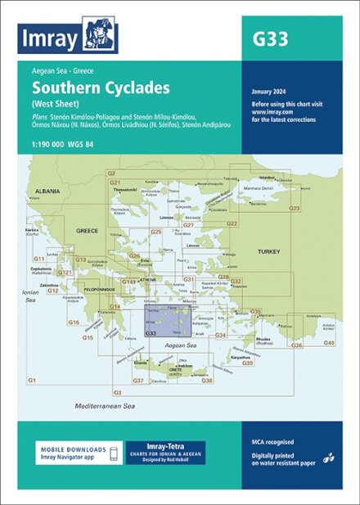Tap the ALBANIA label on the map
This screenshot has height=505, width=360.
(47, 191)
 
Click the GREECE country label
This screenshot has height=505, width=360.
(87, 231)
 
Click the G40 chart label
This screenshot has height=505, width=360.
(329, 342)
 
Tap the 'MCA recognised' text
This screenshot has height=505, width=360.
(272, 442)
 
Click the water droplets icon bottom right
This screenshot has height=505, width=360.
(328, 458)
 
